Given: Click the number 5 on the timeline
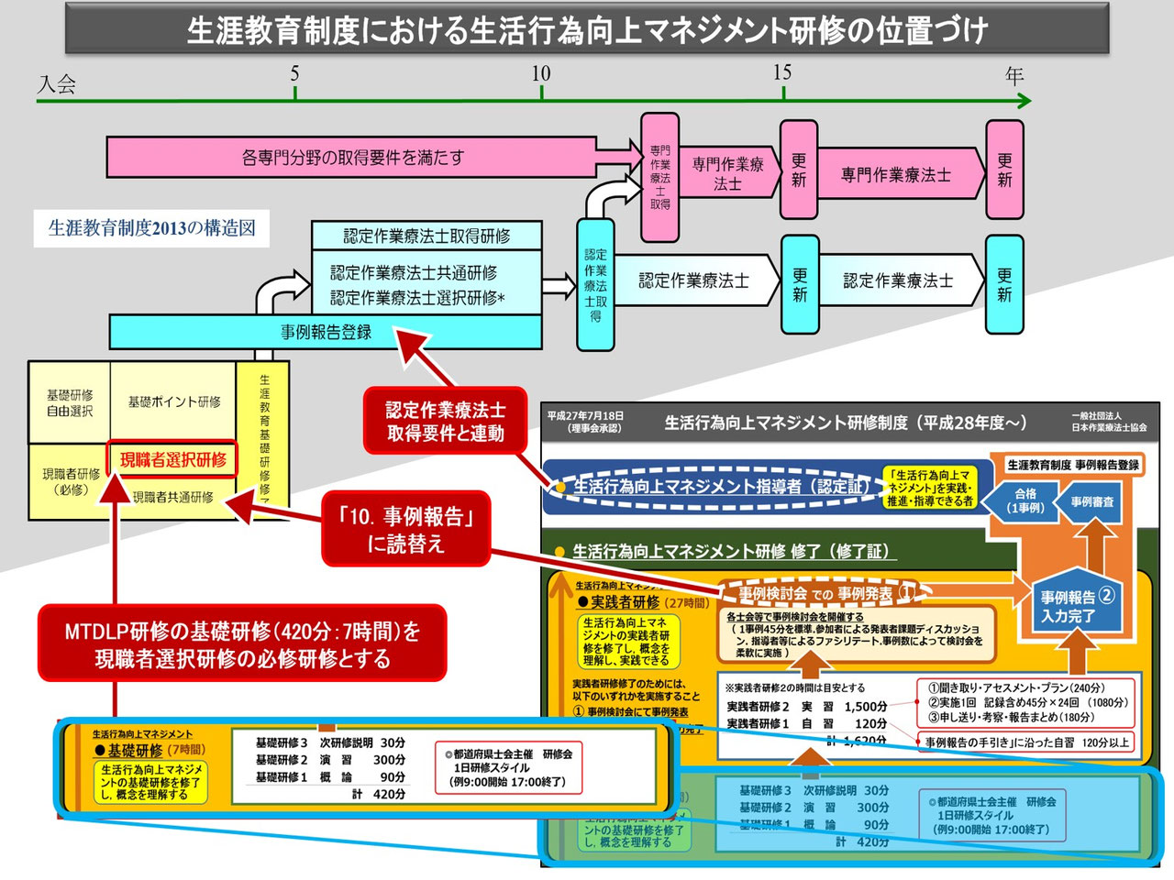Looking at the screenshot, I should pyautogui.click(x=294, y=73).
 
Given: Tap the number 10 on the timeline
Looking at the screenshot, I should pyautogui.click(x=541, y=73).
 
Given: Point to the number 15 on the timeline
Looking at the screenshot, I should pyautogui.click(x=781, y=72).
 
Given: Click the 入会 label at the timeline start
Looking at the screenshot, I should pyautogui.click(x=57, y=85).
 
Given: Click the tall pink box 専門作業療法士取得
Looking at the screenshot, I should pyautogui.click(x=660, y=177).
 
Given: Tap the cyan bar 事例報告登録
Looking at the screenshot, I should pyautogui.click(x=326, y=332).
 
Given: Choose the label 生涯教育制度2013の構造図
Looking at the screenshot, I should pyautogui.click(x=152, y=228).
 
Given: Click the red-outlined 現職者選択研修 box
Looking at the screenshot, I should pyautogui.click(x=172, y=460).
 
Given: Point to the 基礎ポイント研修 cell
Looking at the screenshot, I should pyautogui.click(x=173, y=401).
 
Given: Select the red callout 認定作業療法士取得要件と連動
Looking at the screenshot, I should pyautogui.click(x=445, y=422).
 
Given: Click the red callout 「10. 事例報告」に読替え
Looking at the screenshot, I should pyautogui.click(x=406, y=529).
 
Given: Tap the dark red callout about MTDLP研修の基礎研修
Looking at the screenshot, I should pyautogui.click(x=242, y=644).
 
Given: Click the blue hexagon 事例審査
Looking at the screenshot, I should pyautogui.click(x=1092, y=501).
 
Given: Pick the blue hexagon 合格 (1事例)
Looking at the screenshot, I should pyautogui.click(x=1024, y=500).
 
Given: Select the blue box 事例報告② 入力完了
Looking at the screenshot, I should pyautogui.click(x=1076, y=606).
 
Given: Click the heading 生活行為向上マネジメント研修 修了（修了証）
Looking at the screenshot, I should pyautogui.click(x=730, y=551).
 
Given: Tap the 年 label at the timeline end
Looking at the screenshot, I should pyautogui.click(x=1014, y=75).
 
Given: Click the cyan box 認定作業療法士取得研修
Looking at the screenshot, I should pyautogui.click(x=426, y=236).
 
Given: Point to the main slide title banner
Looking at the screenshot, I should pyautogui.click(x=587, y=29).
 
